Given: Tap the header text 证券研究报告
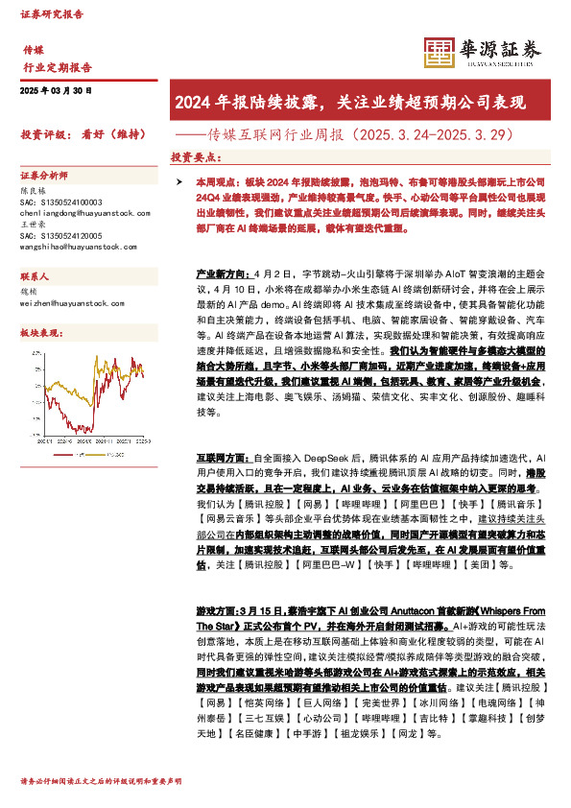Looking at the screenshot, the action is pos(53,15).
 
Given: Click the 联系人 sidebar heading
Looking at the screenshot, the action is pos(36,274).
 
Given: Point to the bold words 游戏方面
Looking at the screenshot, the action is pos(214,611).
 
